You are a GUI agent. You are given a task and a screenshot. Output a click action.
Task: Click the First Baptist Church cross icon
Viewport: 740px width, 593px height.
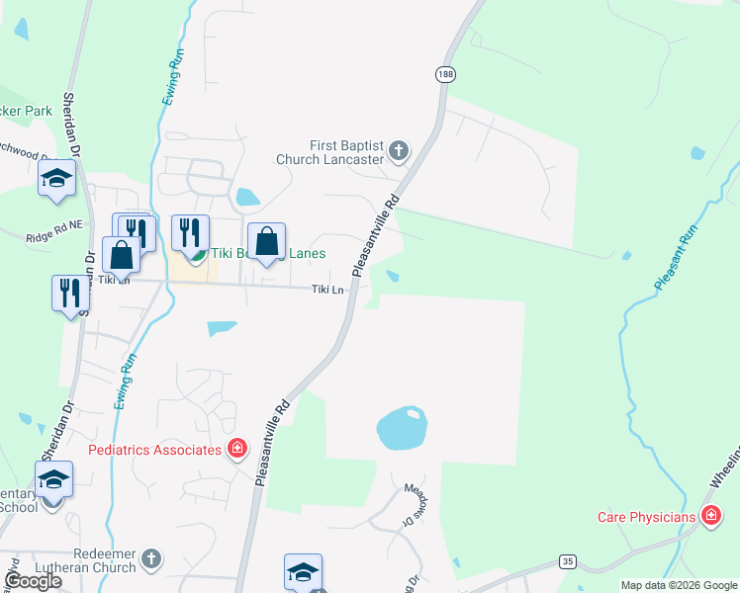pyautogui.click(x=399, y=151)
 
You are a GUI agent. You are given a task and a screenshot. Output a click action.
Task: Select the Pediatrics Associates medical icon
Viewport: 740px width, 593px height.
pyautogui.click(x=237, y=451)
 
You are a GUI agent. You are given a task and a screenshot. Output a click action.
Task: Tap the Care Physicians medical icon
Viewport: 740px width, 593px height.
pyautogui.click(x=710, y=516)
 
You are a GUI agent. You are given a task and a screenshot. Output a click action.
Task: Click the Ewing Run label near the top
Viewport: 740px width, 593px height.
pyautogui.click(x=175, y=78)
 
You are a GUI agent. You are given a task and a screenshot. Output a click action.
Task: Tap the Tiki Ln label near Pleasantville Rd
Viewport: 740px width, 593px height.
pyautogui.click(x=327, y=290)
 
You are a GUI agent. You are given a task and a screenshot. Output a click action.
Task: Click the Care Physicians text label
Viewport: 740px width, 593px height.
pyautogui.click(x=647, y=517)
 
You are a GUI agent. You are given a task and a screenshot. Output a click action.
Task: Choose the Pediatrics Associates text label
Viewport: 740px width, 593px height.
pyautogui.click(x=154, y=451)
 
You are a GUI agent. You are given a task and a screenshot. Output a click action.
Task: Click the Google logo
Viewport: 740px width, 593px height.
pyautogui.click(x=33, y=581)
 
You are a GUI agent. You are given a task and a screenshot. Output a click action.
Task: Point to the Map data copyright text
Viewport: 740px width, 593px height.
pyautogui.click(x=678, y=585)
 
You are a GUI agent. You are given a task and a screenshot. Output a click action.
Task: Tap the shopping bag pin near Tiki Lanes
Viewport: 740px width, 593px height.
pyautogui.click(x=267, y=242)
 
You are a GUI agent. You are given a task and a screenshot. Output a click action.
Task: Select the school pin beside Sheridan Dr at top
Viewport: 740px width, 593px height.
pyautogui.click(x=56, y=179)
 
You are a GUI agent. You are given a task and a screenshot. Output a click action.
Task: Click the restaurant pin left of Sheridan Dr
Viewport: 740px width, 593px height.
pyautogui.click(x=69, y=294)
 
